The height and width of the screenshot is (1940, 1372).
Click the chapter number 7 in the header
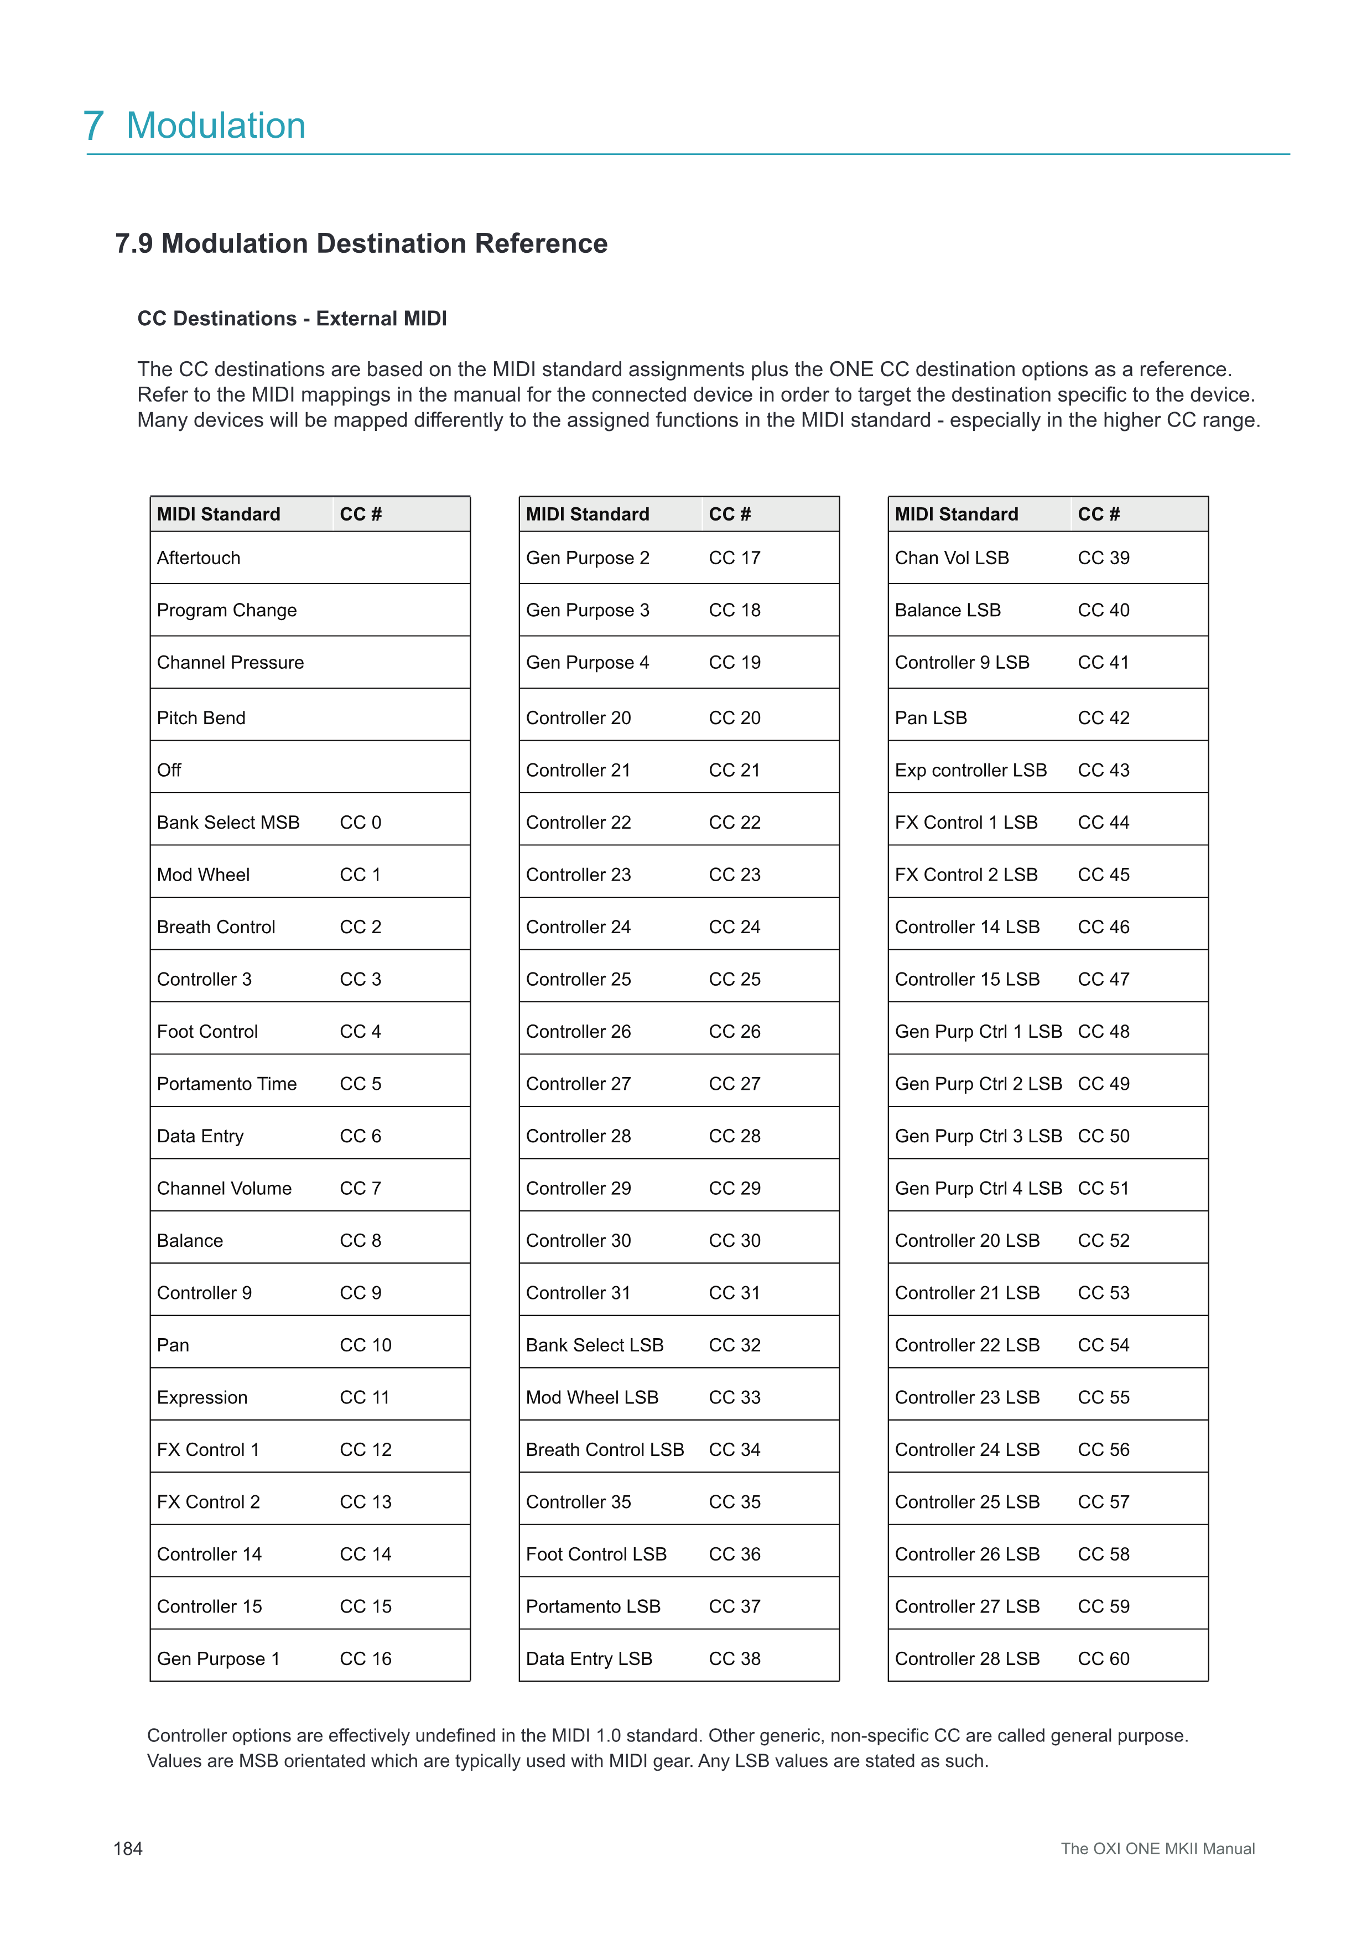coord(94,126)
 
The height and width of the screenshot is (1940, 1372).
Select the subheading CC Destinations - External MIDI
coord(292,319)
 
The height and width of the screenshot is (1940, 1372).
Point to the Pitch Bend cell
coord(201,717)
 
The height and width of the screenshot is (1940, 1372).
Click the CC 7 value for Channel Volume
coord(361,1188)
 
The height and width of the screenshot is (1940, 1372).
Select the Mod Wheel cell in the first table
coord(204,875)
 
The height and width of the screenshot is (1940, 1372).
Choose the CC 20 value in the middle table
coord(734,717)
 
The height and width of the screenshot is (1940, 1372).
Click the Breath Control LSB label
coord(605,1449)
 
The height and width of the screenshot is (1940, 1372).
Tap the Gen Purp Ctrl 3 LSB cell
coord(978,1136)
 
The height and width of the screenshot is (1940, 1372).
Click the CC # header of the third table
coord(1098,514)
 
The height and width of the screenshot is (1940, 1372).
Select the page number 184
coord(128,1849)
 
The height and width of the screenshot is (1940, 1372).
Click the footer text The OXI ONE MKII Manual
coord(1157,1849)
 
